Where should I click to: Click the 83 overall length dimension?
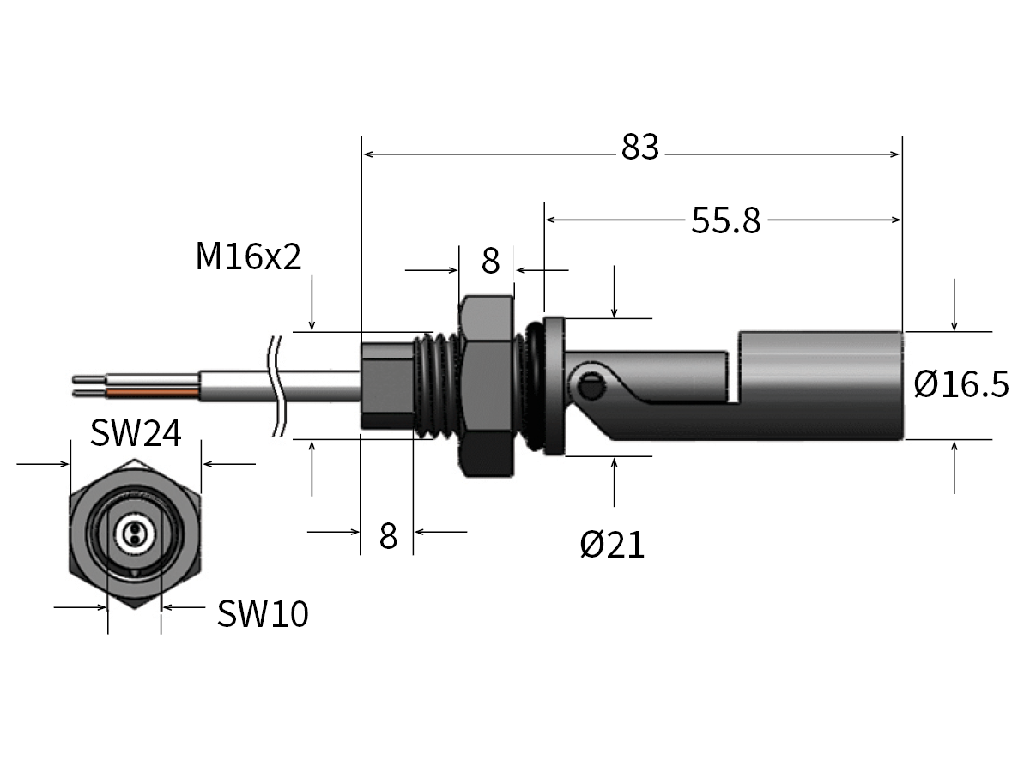(640, 148)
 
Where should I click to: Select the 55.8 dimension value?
(726, 221)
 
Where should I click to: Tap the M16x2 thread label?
(249, 256)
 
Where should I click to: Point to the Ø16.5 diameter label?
(960, 385)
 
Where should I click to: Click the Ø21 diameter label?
(612, 544)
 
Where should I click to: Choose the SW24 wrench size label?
(136, 434)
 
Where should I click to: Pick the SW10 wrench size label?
(262, 614)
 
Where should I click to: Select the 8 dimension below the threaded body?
(388, 537)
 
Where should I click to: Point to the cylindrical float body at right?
(820, 386)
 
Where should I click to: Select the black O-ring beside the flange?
(533, 386)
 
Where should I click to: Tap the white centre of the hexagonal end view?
(134, 535)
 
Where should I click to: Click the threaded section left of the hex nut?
(438, 386)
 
